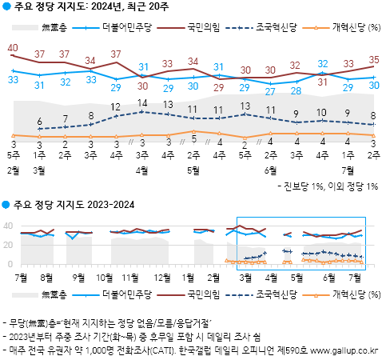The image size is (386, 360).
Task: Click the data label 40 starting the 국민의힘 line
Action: pos(12,48)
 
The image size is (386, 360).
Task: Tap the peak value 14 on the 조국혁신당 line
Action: pos(143,103)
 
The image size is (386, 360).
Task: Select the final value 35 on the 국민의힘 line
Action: pos(374,60)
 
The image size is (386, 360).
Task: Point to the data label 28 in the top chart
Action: pos(296,90)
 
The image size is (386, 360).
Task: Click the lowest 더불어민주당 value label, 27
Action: pos(271,90)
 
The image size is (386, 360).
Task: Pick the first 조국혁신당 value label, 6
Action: pos(39,122)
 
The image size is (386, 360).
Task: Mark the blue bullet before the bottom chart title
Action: pos(6,205)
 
